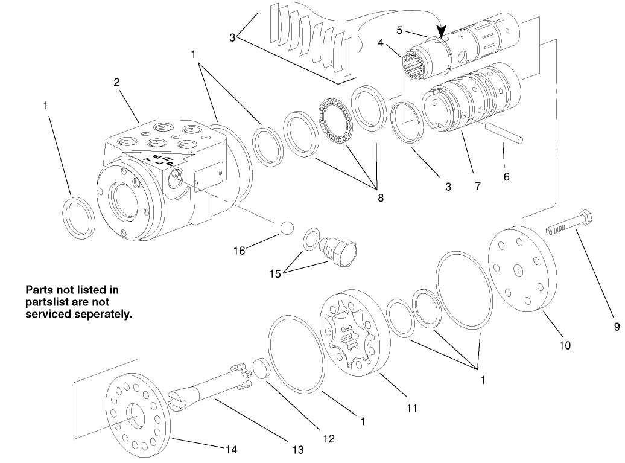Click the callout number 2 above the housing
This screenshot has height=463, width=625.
tap(116, 83)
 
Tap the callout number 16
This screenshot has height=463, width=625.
tap(240, 250)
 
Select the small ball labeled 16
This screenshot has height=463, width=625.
tap(286, 228)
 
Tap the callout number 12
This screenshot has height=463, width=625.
tap(328, 439)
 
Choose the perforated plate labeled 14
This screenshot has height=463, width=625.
tap(136, 410)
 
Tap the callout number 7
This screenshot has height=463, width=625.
tap(477, 186)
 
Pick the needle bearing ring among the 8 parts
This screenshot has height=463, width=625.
tap(335, 121)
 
